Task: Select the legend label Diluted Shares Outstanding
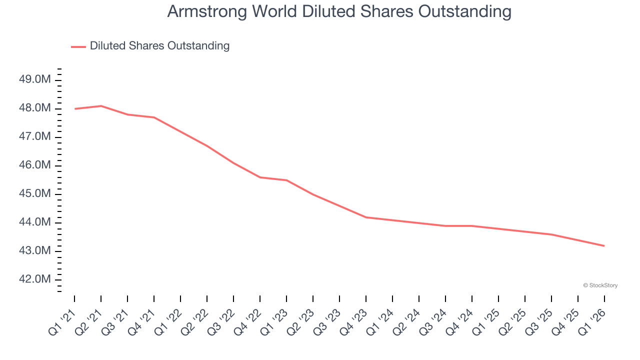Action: pos(159,46)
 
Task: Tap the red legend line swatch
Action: pos(78,46)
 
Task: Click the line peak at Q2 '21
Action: pos(101,106)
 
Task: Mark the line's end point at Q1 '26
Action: pos(604,245)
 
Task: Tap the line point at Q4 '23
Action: pos(366,217)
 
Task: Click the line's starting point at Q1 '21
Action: pos(74,108)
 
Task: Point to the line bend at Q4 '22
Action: pos(260,177)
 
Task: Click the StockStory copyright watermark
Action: pos(600,285)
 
